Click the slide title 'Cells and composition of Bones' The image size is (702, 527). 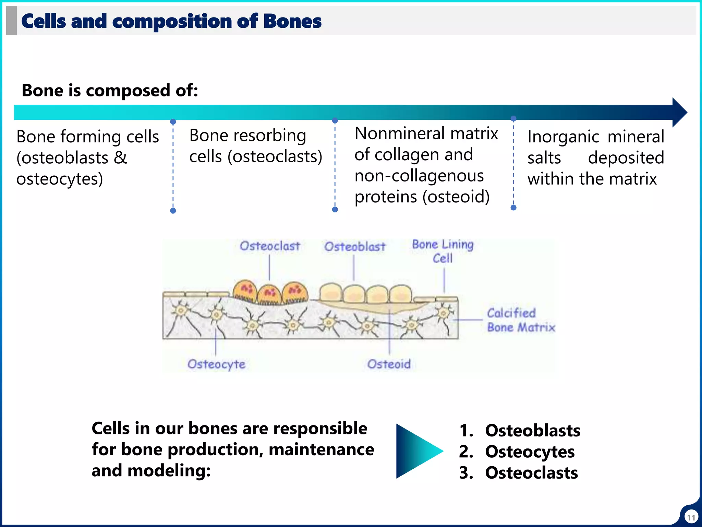point(171,21)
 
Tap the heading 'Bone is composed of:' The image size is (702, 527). point(110,91)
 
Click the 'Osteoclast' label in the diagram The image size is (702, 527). point(270,246)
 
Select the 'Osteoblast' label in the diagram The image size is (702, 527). point(355,247)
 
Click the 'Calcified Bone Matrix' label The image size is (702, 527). point(521,320)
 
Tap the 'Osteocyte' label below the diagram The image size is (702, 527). point(216,364)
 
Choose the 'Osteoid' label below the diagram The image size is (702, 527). point(389,364)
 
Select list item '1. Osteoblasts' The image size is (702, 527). point(520,431)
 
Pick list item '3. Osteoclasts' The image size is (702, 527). point(518,473)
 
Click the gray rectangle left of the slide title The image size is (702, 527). point(11,20)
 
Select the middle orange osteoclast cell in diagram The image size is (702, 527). point(270,294)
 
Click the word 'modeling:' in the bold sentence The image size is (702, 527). point(169,471)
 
